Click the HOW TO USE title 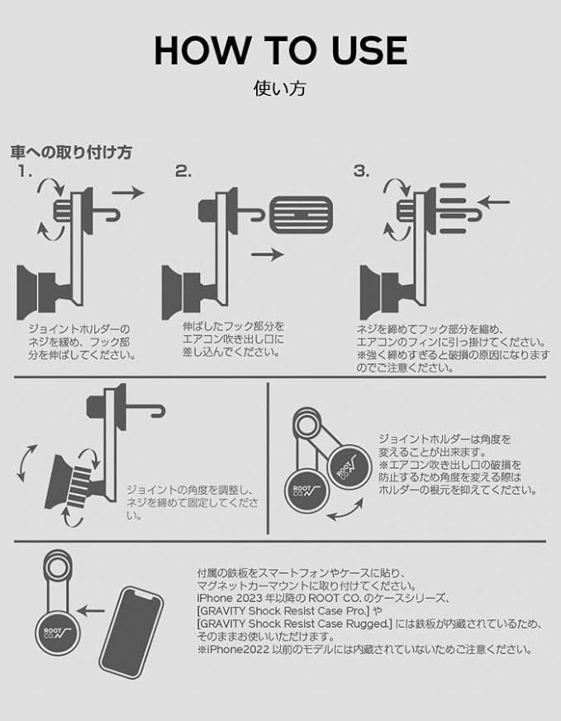tap(280, 50)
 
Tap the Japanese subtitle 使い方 tap(280, 88)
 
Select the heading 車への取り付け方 tap(70, 153)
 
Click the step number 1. tap(26, 172)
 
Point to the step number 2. tap(183, 172)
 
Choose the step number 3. tap(361, 172)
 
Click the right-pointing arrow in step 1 tap(127, 192)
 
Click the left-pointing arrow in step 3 tap(493, 201)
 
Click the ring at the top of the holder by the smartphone tap(57, 569)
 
